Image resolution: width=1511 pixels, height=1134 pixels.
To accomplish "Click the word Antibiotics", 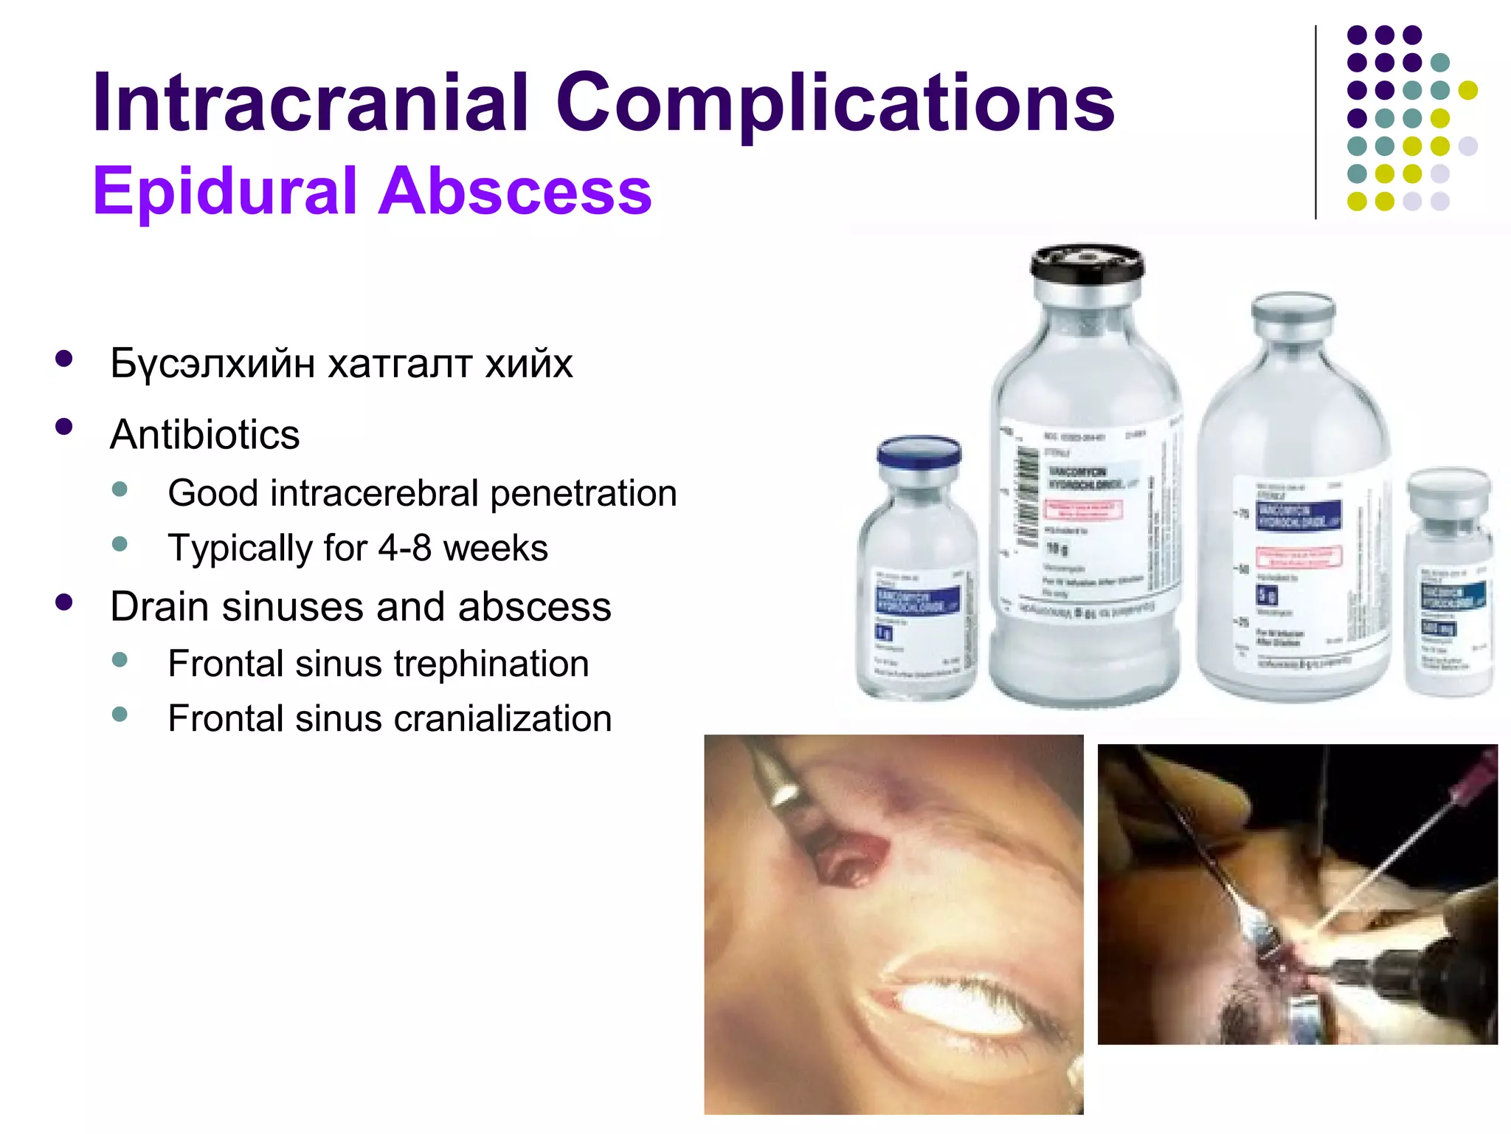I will tap(205, 434).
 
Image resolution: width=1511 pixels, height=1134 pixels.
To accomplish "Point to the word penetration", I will tap(583, 493).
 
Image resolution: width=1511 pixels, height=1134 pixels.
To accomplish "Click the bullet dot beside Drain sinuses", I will tap(64, 602).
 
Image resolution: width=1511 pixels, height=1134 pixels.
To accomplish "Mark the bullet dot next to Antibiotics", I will tap(64, 427).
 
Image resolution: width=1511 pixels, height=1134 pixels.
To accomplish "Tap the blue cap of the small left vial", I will tap(919, 451).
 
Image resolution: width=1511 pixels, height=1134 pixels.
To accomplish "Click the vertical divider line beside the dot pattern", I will tap(1315, 122).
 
